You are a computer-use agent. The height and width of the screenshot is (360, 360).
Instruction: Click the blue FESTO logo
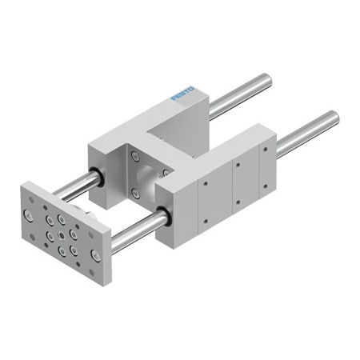pos(183,93)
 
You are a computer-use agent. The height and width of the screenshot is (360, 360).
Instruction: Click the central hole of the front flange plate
pos(62,235)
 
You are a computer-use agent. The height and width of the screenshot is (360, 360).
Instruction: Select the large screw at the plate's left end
pos(28,215)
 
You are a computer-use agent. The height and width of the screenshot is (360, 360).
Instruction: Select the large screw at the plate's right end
pos(96,254)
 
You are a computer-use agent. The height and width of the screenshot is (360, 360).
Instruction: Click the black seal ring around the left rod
pos(98,176)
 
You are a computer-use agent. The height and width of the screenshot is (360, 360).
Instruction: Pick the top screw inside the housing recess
pos(135,156)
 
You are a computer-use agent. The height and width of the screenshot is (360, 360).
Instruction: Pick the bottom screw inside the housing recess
pos(136,193)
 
